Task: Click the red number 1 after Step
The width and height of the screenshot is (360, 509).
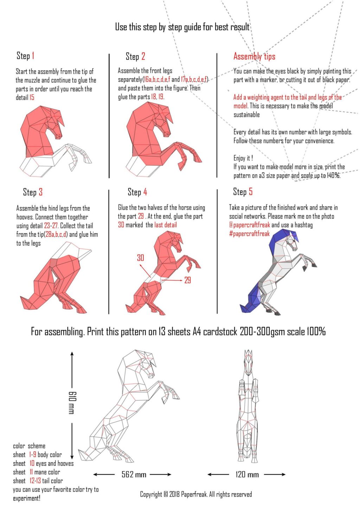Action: pyautogui.click(x=33, y=56)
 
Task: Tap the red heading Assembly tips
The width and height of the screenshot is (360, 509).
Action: pyautogui.click(x=254, y=56)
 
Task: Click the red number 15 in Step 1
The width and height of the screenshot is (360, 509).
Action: pyautogui.click(x=32, y=97)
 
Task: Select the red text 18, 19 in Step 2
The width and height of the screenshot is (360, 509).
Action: pyautogui.click(x=157, y=97)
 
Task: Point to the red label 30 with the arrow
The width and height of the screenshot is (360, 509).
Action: pyautogui.click(x=141, y=258)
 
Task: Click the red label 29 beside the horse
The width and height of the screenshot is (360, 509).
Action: pyautogui.click(x=187, y=280)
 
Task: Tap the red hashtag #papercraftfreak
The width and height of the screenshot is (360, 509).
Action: pyautogui.click(x=249, y=234)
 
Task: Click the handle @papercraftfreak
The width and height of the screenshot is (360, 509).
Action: pyautogui.click(x=250, y=225)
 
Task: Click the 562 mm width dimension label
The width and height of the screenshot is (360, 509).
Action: pyautogui.click(x=134, y=475)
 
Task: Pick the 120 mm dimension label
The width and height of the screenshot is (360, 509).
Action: pyautogui.click(x=247, y=475)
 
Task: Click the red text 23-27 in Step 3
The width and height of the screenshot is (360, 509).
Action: pyautogui.click(x=51, y=226)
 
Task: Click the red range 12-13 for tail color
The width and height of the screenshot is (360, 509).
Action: pyautogui.click(x=35, y=481)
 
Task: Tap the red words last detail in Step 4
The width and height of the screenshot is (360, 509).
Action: pyautogui.click(x=166, y=225)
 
